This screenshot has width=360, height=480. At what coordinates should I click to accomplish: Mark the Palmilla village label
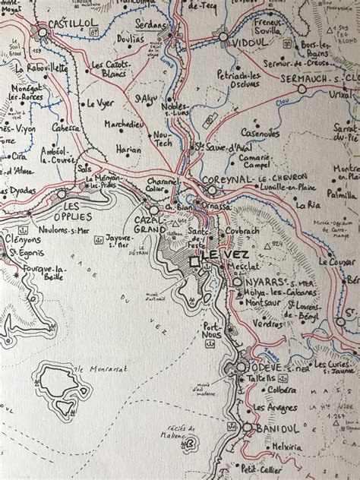tap(323, 203)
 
